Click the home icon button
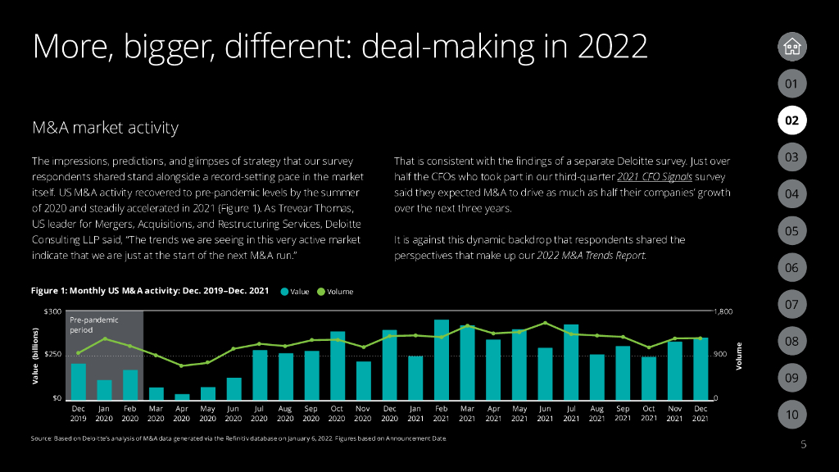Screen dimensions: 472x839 point(791,47)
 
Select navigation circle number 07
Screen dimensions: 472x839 point(791,304)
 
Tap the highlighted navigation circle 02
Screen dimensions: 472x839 point(791,120)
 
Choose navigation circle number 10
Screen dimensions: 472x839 point(791,415)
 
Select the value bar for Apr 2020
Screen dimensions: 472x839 point(182,396)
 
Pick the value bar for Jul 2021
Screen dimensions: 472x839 point(571,361)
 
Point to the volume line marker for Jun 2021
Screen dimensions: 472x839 point(545,323)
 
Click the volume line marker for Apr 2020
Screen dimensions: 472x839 point(182,365)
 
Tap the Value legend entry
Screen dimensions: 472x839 point(294,291)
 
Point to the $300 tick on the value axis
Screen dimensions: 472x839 point(52,311)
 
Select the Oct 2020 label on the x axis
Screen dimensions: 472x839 point(338,412)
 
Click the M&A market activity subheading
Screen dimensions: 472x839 point(105,129)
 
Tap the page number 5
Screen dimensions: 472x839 point(803,444)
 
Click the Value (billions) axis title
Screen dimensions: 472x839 point(35,355)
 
